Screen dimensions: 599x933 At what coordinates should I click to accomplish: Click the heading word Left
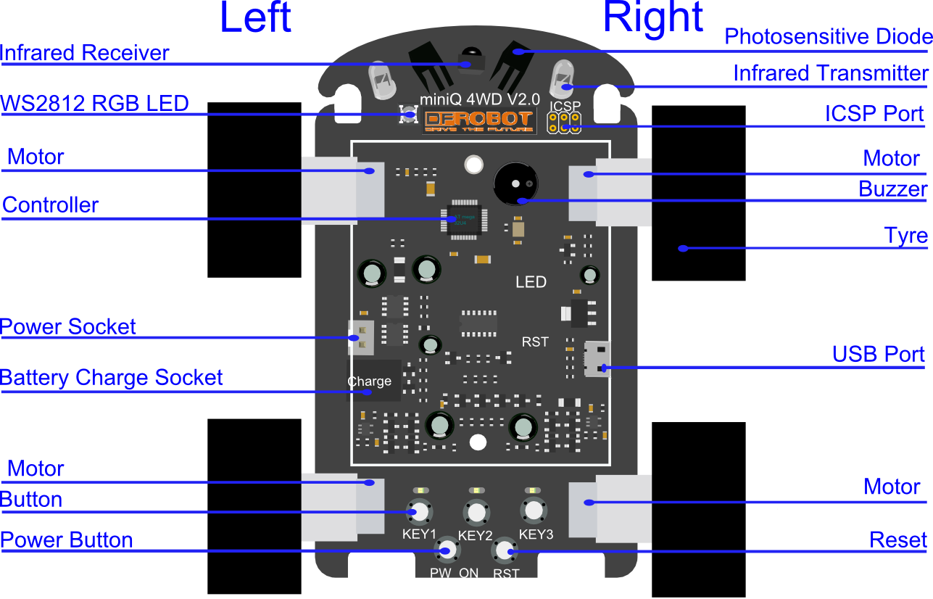(255, 18)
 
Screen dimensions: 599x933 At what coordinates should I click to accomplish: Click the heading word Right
(652, 18)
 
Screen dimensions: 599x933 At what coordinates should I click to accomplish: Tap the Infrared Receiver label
(85, 53)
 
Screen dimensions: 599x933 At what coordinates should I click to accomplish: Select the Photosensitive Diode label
(828, 37)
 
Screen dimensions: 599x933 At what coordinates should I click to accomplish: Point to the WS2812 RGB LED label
(94, 103)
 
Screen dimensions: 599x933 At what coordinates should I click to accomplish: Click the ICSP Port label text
(874, 114)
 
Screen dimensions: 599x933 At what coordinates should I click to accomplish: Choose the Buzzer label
(892, 189)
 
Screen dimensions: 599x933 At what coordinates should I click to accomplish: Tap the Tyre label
(906, 236)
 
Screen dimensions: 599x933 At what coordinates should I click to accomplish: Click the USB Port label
(878, 354)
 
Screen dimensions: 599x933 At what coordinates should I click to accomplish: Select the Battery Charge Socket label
(112, 378)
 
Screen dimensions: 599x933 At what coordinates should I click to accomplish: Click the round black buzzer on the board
(515, 183)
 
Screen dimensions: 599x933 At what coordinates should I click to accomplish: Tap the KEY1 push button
(419, 512)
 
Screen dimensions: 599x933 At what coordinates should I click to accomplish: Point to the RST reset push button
(505, 553)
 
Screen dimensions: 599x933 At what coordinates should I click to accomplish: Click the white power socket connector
(361, 337)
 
